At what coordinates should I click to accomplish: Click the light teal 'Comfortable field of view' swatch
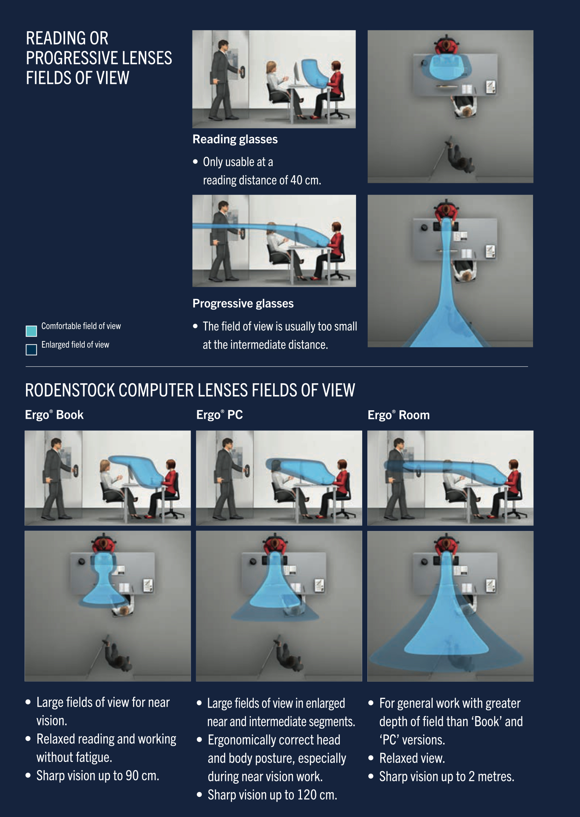[x=31, y=331]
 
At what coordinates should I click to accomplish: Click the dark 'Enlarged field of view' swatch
[x=31, y=349]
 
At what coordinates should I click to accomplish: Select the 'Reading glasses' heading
[x=235, y=139]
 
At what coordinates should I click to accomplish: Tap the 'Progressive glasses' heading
[x=243, y=304]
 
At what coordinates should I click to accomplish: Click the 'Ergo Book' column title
[x=54, y=415]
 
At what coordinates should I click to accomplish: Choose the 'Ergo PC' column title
[x=220, y=415]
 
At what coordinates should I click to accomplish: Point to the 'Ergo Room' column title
[x=399, y=415]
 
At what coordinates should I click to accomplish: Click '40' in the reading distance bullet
[x=296, y=180]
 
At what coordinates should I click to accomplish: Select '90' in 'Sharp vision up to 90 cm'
[x=132, y=776]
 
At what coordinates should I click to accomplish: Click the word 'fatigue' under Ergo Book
[x=93, y=757]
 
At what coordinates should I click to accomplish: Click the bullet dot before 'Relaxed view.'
[x=371, y=758]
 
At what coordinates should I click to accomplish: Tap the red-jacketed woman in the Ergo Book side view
[x=166, y=488]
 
